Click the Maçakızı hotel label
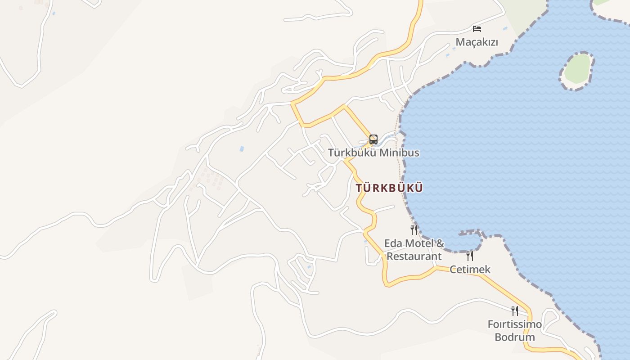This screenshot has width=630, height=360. point(477,42)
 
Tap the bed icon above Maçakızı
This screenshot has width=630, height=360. point(477,29)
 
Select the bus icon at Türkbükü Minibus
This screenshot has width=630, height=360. point(373,139)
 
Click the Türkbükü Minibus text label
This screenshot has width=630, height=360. point(373,153)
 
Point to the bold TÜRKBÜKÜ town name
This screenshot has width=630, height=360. point(389,188)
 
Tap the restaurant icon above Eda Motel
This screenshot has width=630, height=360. point(414,230)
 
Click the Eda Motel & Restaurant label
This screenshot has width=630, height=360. point(414,250)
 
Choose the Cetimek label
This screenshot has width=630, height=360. point(470,270)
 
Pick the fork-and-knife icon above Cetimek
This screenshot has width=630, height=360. point(470,256)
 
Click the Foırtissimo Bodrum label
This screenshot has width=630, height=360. point(515,330)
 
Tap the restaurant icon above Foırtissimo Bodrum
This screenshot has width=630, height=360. point(515,310)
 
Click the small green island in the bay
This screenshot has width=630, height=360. point(577,70)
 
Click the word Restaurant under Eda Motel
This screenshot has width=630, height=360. point(414,256)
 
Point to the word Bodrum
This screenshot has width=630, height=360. point(515,337)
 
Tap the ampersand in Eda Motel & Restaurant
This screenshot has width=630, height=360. point(440,243)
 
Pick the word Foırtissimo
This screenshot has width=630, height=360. point(515,324)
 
